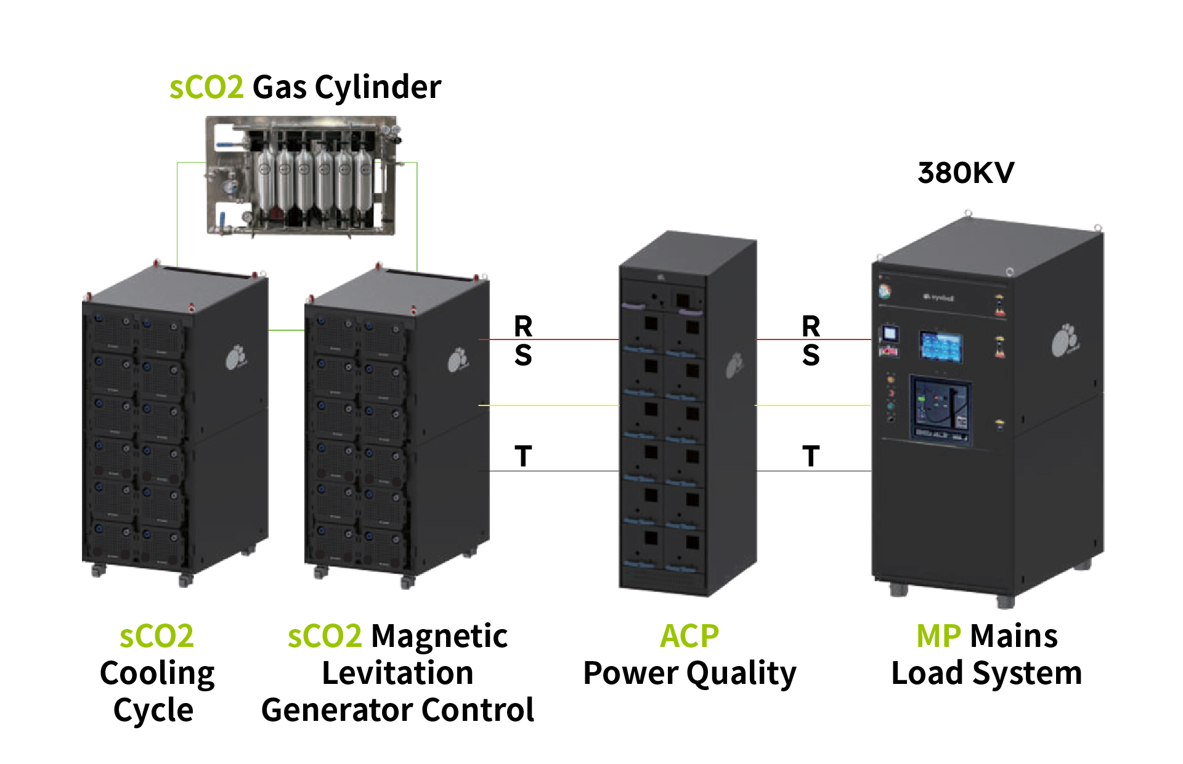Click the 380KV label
(965, 173)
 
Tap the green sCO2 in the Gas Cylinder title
(206, 87)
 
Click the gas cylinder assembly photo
(301, 176)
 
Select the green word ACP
(689, 636)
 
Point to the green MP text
(938, 636)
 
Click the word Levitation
(397, 673)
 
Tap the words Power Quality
(689, 673)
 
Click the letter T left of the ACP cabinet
(523, 457)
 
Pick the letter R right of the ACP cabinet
(811, 326)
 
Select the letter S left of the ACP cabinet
(523, 356)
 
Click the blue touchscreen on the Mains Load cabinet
(941, 346)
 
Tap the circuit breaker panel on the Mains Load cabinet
(941, 408)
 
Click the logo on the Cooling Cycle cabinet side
(235, 357)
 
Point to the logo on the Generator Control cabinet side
(458, 360)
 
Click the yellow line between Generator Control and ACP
(548, 405)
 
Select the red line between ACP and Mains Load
(813, 339)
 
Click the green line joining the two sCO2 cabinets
(287, 330)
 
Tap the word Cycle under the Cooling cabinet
(153, 710)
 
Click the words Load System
(986, 673)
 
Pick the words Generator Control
(397, 710)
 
